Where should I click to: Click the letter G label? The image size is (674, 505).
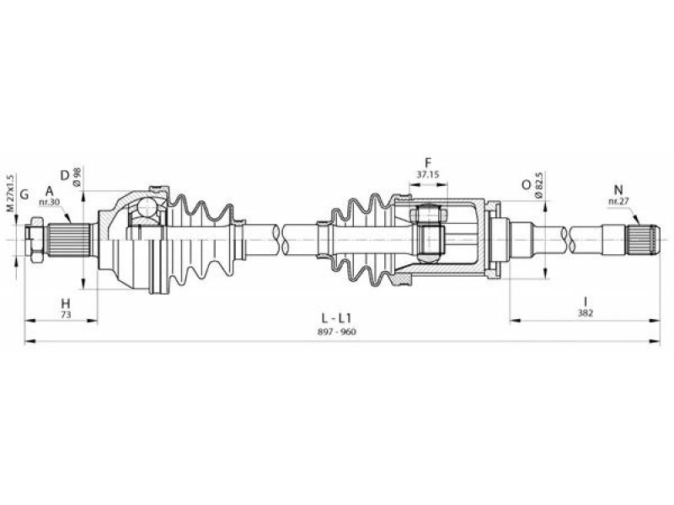(x=24, y=194)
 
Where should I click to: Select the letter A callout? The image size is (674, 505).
(x=50, y=191)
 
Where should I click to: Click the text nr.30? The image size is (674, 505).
(x=50, y=201)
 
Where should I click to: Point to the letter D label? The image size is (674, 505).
(x=65, y=175)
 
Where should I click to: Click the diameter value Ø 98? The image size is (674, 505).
(x=78, y=177)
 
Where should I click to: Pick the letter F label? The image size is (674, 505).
(x=428, y=162)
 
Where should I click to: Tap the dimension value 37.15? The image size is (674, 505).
(x=428, y=174)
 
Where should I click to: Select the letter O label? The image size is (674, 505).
(x=527, y=184)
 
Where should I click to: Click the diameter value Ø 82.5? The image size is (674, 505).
(x=540, y=184)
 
